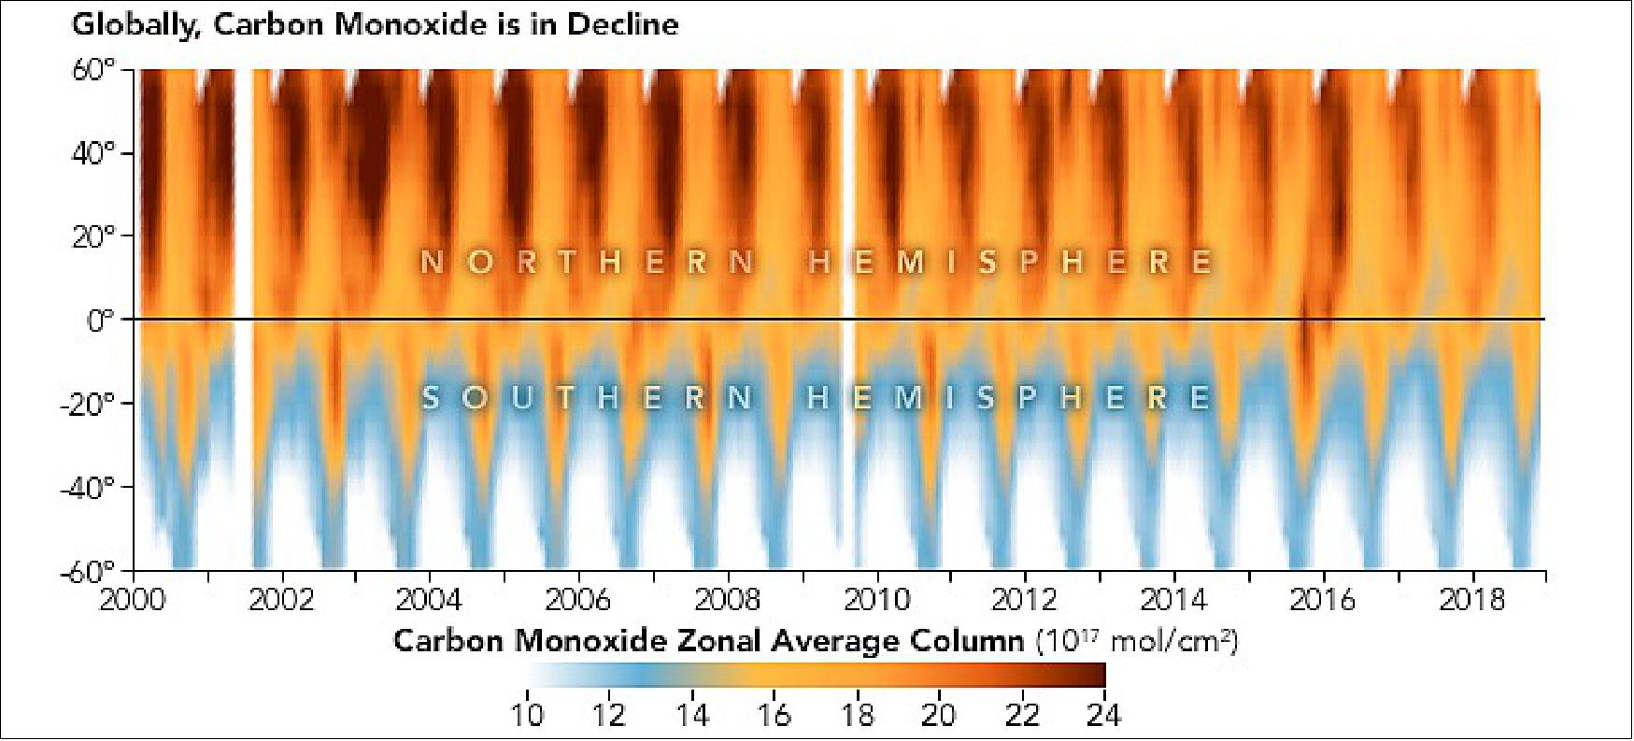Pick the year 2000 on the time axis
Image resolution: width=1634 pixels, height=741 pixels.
pos(133,599)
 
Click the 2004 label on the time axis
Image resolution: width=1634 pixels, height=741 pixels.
pos(430,599)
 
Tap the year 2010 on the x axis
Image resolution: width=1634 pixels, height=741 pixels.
pos(876,599)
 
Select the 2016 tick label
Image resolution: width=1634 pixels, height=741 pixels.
pos(1323,599)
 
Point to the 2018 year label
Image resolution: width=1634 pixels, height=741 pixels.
pos(1472,599)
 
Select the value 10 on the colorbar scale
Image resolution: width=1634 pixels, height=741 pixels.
pos(528,715)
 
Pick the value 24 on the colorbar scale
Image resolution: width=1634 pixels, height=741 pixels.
pos(1103,715)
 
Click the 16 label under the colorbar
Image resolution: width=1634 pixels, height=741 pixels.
pos(774,715)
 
